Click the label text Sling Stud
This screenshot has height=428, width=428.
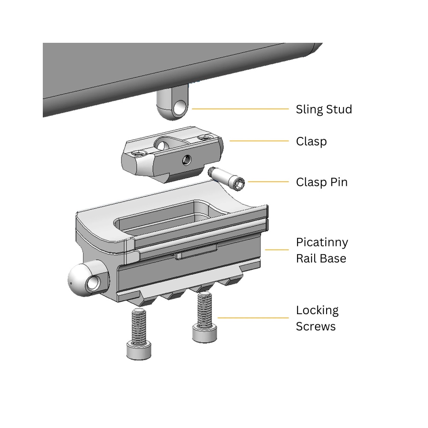pyautogui.click(x=324, y=109)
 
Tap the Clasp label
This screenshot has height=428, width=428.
pyautogui.click(x=311, y=141)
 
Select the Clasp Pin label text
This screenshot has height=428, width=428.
pyautogui.click(x=321, y=182)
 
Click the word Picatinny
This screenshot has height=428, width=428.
pyautogui.click(x=322, y=242)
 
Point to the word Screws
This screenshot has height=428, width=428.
pyautogui.click(x=315, y=327)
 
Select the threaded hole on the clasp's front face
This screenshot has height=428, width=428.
pyautogui.click(x=187, y=160)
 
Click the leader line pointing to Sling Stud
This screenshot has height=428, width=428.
pyautogui.click(x=240, y=109)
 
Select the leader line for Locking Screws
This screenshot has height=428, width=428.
pyautogui.click(x=253, y=318)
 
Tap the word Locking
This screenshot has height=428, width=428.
pyautogui.click(x=317, y=310)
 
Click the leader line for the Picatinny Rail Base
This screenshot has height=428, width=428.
pyautogui.click(x=277, y=250)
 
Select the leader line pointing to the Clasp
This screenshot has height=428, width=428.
pyautogui.click(x=259, y=140)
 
